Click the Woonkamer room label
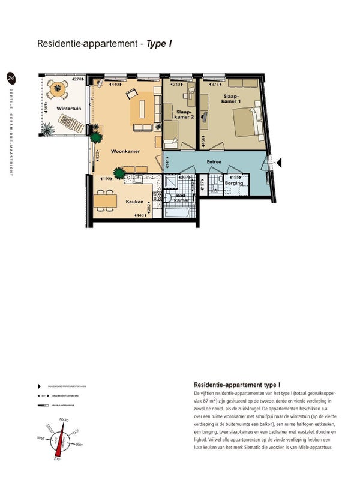pos(125,152)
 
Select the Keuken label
pos(134,202)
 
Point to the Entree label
pos(215,162)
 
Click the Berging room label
pos(234,183)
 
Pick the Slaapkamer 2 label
pos(185,115)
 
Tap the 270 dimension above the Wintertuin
pos(77,79)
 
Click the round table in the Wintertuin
pos(57,90)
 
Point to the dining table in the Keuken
pos(106,200)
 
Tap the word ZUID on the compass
pos(57,458)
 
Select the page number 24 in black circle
pos(10,78)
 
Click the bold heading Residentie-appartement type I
pos(238,384)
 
